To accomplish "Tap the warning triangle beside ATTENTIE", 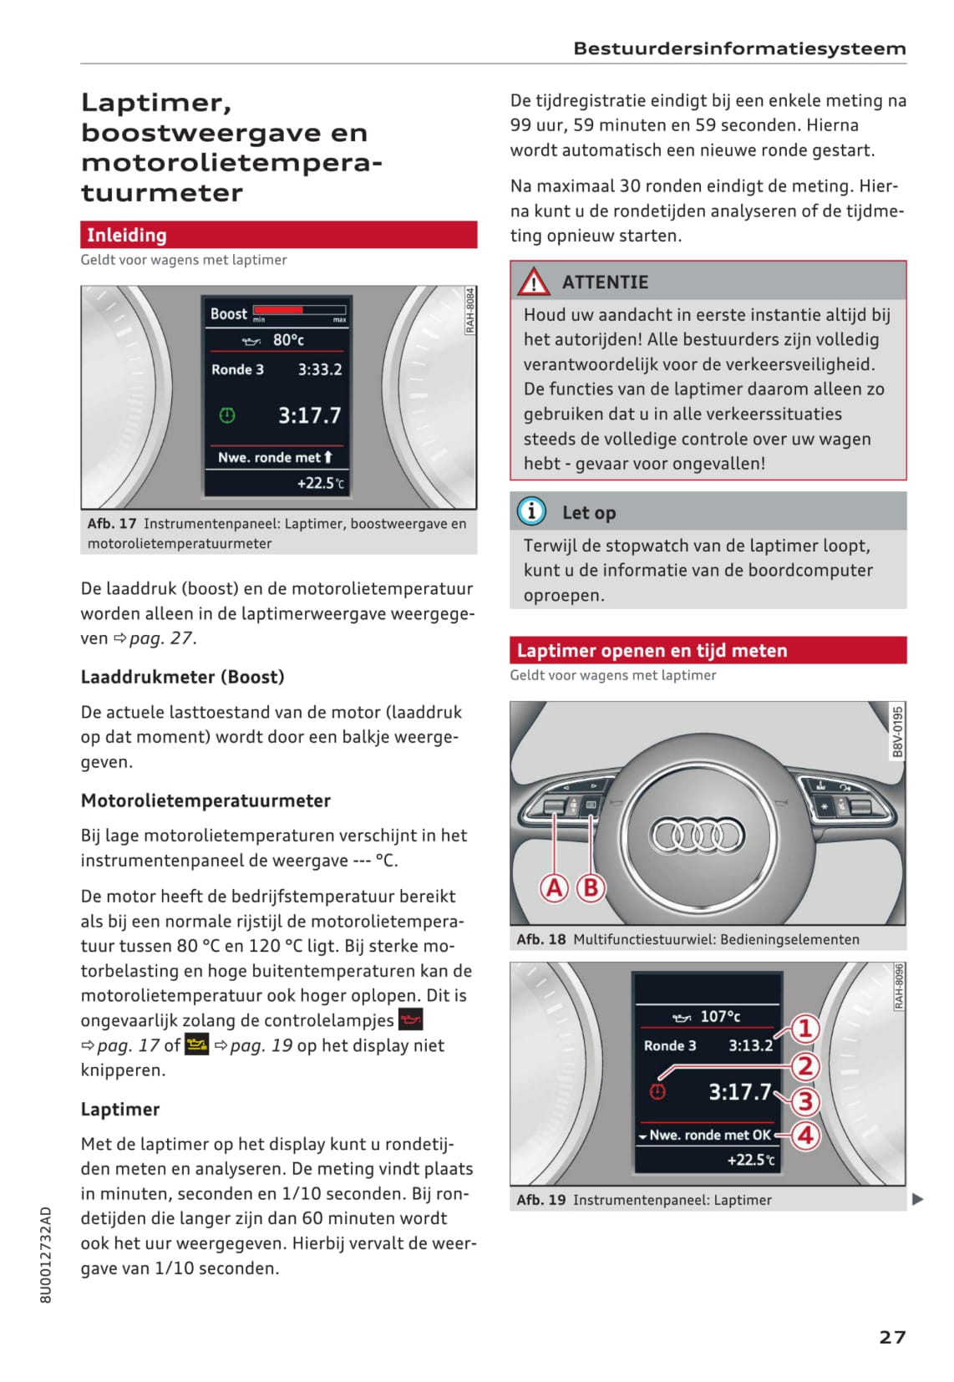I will tap(533, 282).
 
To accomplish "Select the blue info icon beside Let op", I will tap(531, 511).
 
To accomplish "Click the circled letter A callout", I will tap(554, 887).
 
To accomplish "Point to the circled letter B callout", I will tap(591, 887).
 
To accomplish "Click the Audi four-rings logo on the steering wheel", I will tap(697, 835).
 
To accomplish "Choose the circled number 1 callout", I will tap(804, 1029).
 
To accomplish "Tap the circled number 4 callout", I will tap(805, 1136).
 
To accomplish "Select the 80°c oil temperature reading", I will tap(288, 340).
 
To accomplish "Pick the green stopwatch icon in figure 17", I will tap(227, 415).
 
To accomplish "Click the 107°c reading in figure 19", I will tap(719, 1016).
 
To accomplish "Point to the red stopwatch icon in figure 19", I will tap(658, 1091).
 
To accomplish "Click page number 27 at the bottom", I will tap(892, 1337).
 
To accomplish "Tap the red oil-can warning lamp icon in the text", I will tap(411, 1019).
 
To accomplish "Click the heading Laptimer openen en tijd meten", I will tap(652, 650).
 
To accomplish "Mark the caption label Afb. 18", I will tap(540, 939).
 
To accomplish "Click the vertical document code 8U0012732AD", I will tap(46, 1254).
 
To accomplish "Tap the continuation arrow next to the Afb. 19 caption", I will tap(918, 1199).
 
